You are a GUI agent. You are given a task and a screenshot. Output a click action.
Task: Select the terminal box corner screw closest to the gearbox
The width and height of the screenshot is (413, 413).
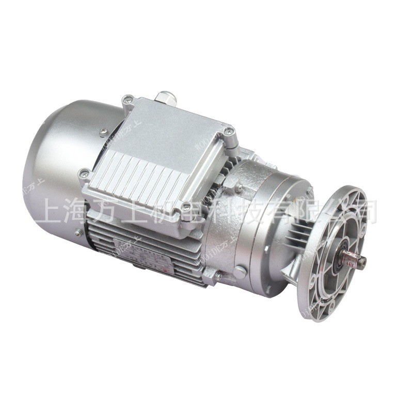(228, 133)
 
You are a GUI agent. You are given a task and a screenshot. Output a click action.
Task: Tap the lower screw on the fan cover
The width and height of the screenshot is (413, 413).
(77, 233)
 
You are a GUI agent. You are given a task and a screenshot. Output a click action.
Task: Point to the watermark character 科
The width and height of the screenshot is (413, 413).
(223, 211)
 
